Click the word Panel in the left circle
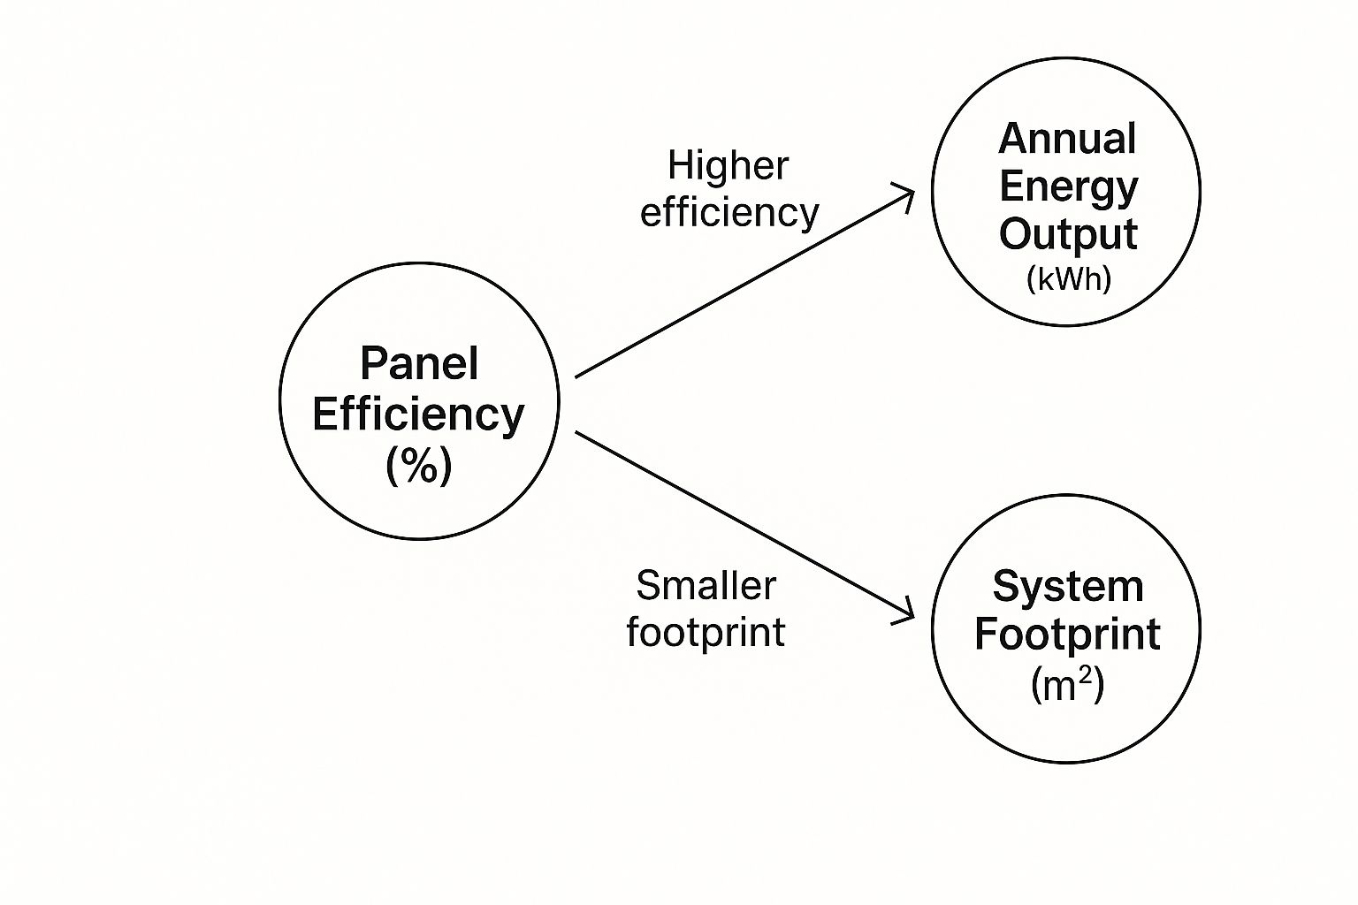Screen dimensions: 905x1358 tap(419, 363)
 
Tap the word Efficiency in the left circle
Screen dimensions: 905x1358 tap(418, 414)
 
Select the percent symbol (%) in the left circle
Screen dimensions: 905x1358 tap(419, 464)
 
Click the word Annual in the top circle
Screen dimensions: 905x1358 tap(1068, 139)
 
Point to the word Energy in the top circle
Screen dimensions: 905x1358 tap(1068, 186)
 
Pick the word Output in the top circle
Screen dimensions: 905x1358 tap(1068, 234)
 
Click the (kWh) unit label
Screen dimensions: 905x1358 tap(1068, 279)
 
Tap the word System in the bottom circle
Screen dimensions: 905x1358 tap(1068, 586)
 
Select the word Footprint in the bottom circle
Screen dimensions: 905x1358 tap(1067, 634)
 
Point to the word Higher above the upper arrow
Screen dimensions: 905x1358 tap(728, 165)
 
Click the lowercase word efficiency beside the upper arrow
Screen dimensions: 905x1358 tap(729, 213)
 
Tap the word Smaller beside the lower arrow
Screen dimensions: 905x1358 tap(706, 585)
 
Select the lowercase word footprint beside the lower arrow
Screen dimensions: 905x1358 tap(706, 632)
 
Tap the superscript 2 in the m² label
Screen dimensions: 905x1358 tap(1085, 675)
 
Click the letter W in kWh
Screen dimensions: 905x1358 tap(1069, 279)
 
